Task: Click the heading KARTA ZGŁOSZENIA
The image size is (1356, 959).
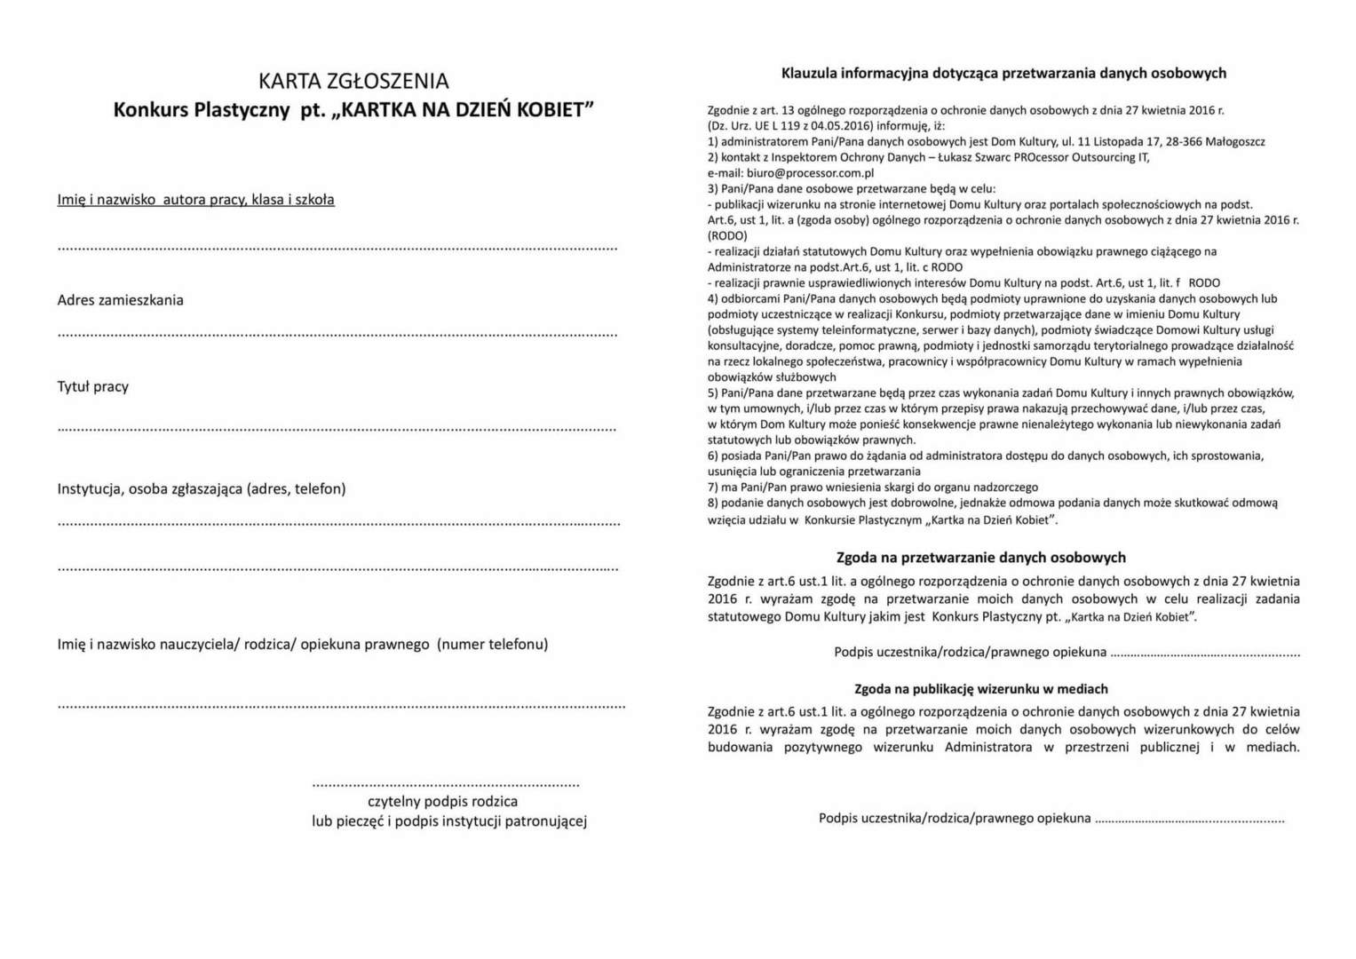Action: point(353,81)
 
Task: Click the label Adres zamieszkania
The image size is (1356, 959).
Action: point(120,300)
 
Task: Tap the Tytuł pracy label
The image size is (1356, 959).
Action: point(92,386)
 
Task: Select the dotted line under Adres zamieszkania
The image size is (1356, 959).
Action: point(337,335)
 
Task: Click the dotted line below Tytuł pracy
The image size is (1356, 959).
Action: point(337,429)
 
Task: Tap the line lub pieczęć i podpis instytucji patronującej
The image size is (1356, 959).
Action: point(448,821)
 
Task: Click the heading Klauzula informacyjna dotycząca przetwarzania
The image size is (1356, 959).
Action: point(1003,73)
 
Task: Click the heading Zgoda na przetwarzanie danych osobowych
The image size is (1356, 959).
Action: point(980,558)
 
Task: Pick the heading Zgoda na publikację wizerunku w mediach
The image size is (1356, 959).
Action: point(980,689)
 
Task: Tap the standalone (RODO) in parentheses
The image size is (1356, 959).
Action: point(727,236)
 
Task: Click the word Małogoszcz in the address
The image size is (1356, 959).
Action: point(1235,141)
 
